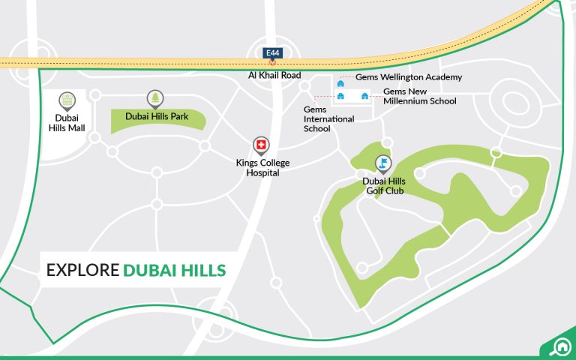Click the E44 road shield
pyautogui.click(x=272, y=53)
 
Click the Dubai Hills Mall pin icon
pyautogui.click(x=67, y=100)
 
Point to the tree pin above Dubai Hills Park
pyautogui.click(x=155, y=97)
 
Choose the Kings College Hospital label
pyautogui.click(x=262, y=168)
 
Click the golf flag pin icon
pyautogui.click(x=383, y=163)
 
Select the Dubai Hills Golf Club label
pyautogui.click(x=384, y=186)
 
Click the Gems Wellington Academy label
pyautogui.click(x=409, y=77)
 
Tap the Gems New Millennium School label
pyautogui.click(x=419, y=96)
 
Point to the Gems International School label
pyautogui.click(x=328, y=118)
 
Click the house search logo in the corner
pyautogui.click(x=557, y=346)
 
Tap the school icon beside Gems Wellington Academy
pyautogui.click(x=340, y=83)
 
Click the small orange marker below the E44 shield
pyautogui.click(x=272, y=64)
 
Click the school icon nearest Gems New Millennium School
pyautogui.click(x=365, y=95)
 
